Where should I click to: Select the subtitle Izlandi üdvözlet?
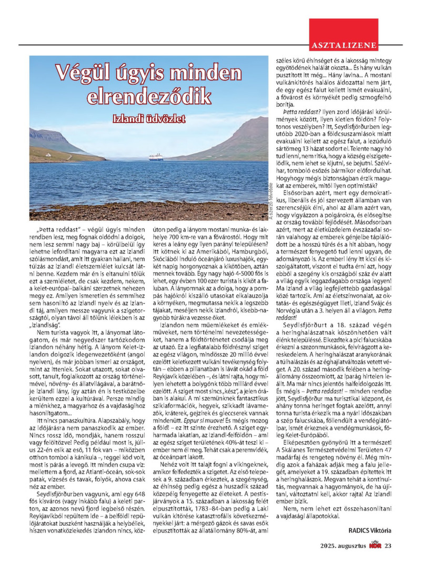point(149,119)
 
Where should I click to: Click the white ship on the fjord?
point(156,157)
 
